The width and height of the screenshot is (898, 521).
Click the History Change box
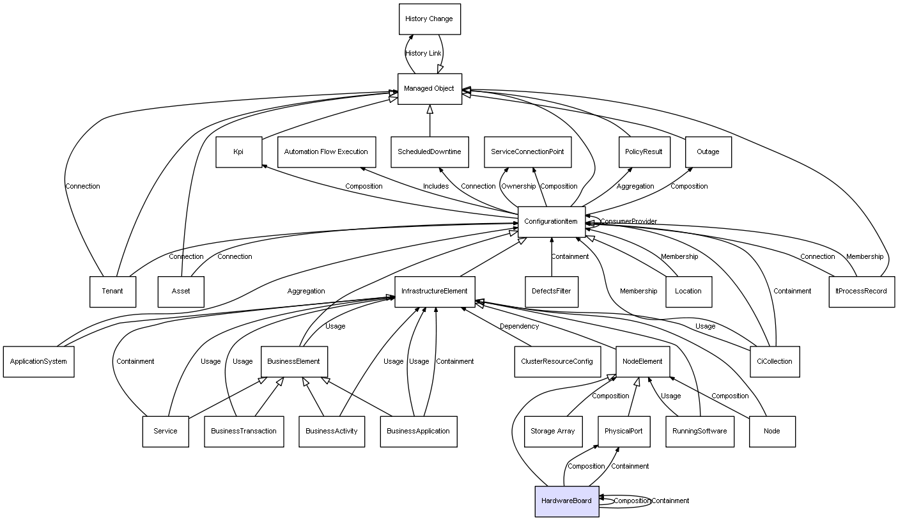point(429,19)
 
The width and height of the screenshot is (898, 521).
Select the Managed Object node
point(429,89)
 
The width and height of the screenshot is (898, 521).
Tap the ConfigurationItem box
point(551,222)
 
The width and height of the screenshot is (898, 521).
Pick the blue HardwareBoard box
point(566,501)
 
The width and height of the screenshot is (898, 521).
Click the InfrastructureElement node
point(435,292)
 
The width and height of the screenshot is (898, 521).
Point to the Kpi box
point(238,152)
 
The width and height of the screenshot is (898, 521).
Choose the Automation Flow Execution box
point(326,152)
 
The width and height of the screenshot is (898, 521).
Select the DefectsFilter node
point(552,292)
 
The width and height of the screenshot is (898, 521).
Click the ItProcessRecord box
point(861,292)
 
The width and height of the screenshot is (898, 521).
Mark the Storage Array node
point(553,431)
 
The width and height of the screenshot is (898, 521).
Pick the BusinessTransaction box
point(244,431)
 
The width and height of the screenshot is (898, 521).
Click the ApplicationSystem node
point(38,361)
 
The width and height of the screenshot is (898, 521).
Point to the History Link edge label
point(423,54)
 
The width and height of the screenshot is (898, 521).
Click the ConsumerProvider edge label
point(628,222)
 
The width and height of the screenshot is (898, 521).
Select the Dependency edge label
point(519,327)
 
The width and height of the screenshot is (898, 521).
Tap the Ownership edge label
point(518,187)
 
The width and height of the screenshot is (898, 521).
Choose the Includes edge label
point(436,187)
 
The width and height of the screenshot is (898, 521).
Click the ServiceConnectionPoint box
point(527,152)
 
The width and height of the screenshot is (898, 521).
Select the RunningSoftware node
point(700,431)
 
